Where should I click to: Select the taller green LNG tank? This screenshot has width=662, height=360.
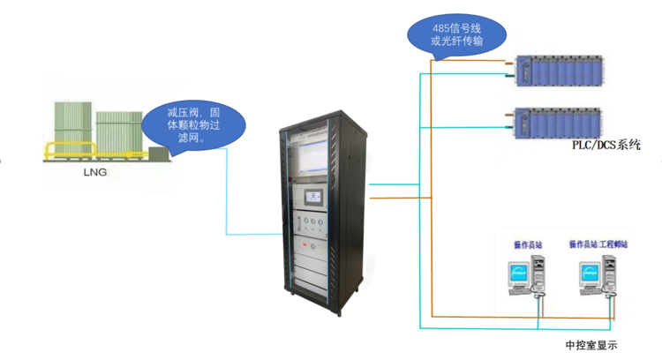point(72,129)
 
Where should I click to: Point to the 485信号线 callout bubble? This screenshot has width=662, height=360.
point(458,34)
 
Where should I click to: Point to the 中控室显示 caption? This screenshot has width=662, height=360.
point(591,344)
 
